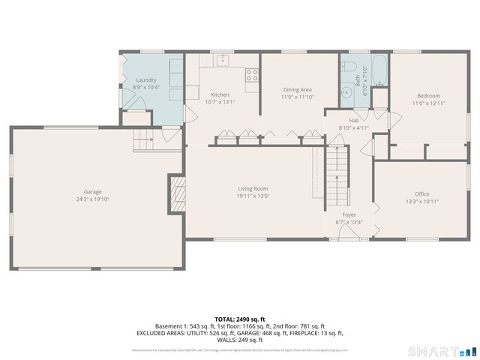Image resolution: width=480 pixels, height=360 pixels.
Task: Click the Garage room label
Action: click(x=92, y=191)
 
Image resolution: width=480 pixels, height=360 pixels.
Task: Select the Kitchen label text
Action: click(x=220, y=94)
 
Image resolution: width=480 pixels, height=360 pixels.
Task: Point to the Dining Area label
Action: click(x=297, y=88)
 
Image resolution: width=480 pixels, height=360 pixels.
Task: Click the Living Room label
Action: click(x=253, y=188)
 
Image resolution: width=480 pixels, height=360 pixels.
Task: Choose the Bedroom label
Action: click(x=428, y=94)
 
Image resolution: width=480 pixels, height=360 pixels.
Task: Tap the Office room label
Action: click(x=422, y=193)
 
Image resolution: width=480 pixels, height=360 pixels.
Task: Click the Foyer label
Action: click(x=349, y=214)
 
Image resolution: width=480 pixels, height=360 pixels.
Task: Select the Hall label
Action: click(x=353, y=120)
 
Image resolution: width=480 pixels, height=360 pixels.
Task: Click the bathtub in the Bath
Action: click(x=379, y=70)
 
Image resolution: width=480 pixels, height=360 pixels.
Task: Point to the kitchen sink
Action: click(x=222, y=61)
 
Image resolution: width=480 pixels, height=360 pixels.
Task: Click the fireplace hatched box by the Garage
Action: click(x=176, y=194)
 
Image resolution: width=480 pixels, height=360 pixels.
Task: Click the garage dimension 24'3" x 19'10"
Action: click(x=92, y=199)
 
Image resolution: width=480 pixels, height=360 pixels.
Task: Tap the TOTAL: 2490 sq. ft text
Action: click(x=239, y=319)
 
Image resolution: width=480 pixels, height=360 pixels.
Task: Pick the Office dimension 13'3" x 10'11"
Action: click(x=422, y=201)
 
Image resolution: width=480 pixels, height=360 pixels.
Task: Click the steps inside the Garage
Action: click(x=143, y=139)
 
